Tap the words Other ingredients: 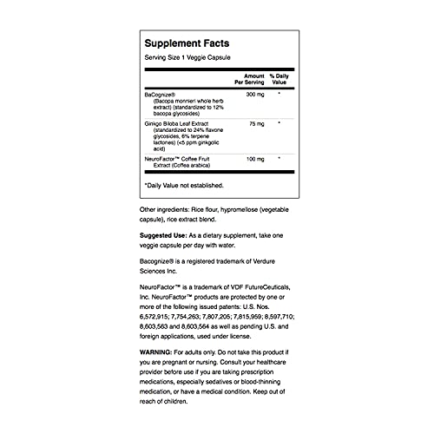click(x=165, y=210)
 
